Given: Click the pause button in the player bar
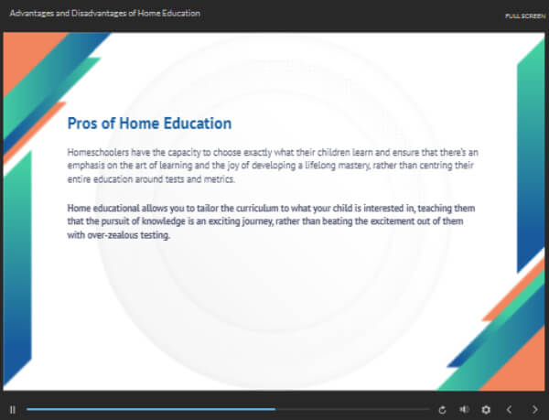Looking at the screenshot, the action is (x=13, y=410).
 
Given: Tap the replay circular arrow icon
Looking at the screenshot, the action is (x=442, y=410).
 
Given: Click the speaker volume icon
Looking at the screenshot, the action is (x=464, y=410).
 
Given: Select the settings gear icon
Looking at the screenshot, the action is (x=486, y=410).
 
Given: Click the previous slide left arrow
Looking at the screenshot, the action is (x=510, y=410).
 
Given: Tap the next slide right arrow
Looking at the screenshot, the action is (x=535, y=410).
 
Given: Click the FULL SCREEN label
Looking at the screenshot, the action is (x=525, y=16).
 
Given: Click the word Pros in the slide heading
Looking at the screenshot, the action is (x=82, y=124).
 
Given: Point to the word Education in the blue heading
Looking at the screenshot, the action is (x=198, y=124).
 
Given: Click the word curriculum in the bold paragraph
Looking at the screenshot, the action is (x=257, y=209).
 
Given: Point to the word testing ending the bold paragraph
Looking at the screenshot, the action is (x=156, y=235).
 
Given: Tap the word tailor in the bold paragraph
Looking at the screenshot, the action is (x=208, y=209).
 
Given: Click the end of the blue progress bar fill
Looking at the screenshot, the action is (x=275, y=409).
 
